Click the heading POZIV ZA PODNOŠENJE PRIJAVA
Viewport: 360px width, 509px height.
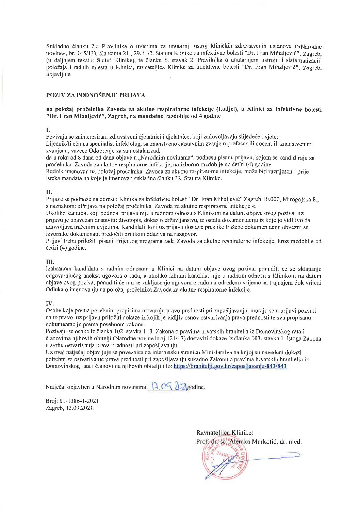tap(96, 95)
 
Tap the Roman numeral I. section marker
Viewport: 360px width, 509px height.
tap(48, 130)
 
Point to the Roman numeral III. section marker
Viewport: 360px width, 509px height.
tap(50, 262)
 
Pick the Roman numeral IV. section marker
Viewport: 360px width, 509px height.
tap(50, 303)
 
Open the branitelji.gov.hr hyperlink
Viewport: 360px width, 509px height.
tap(230, 366)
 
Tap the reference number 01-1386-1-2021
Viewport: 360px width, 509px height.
tap(79, 401)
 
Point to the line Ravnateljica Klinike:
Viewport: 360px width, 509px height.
tap(224, 433)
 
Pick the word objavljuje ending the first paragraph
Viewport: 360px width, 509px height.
tap(58, 74)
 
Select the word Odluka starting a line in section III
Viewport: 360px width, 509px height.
tap(53, 290)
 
